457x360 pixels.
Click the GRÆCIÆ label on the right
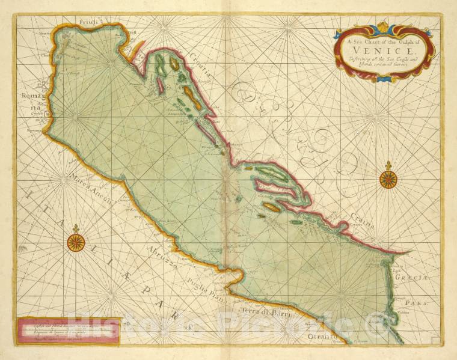(419, 278)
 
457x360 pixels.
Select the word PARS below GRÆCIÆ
(421, 304)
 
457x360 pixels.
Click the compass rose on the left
(76, 243)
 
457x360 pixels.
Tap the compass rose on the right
(388, 179)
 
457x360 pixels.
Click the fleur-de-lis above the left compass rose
(76, 228)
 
